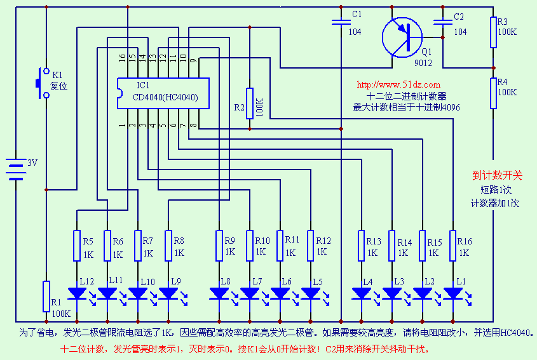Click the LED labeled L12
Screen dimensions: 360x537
pos(77,293)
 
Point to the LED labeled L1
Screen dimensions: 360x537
pos(452,293)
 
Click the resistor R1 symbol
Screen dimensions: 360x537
pos(46,296)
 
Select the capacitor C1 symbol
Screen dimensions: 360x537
pos(341,23)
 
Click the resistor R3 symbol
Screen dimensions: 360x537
pos(493,32)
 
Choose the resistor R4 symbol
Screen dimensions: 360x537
pos(493,93)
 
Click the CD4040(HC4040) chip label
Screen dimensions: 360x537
pos(165,98)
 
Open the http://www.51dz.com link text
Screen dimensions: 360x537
pos(398,84)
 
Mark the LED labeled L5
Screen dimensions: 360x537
pos(310,293)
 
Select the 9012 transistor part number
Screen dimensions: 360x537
pos(423,63)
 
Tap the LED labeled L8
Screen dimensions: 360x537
pos(219,293)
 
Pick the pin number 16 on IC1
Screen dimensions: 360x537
pos(122,58)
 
